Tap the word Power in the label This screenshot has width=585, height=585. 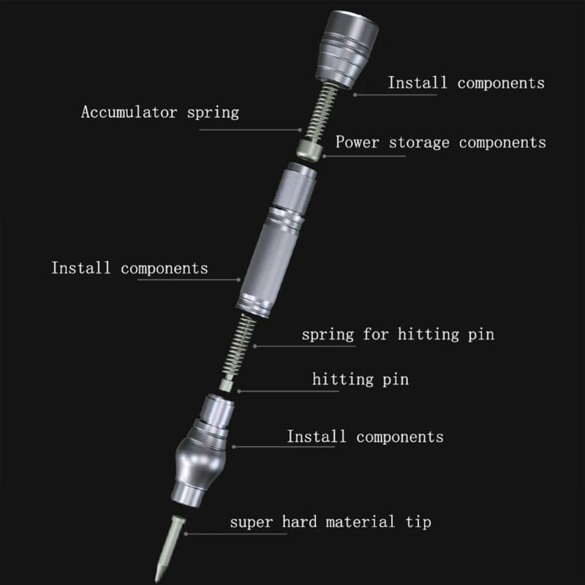(x=357, y=142)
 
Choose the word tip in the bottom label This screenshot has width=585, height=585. (x=418, y=522)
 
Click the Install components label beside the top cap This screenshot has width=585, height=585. (x=466, y=83)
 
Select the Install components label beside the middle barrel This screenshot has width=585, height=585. (x=129, y=268)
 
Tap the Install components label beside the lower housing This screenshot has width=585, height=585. (x=365, y=437)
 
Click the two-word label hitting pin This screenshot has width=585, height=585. (x=360, y=380)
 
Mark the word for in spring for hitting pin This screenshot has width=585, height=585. (x=377, y=335)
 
